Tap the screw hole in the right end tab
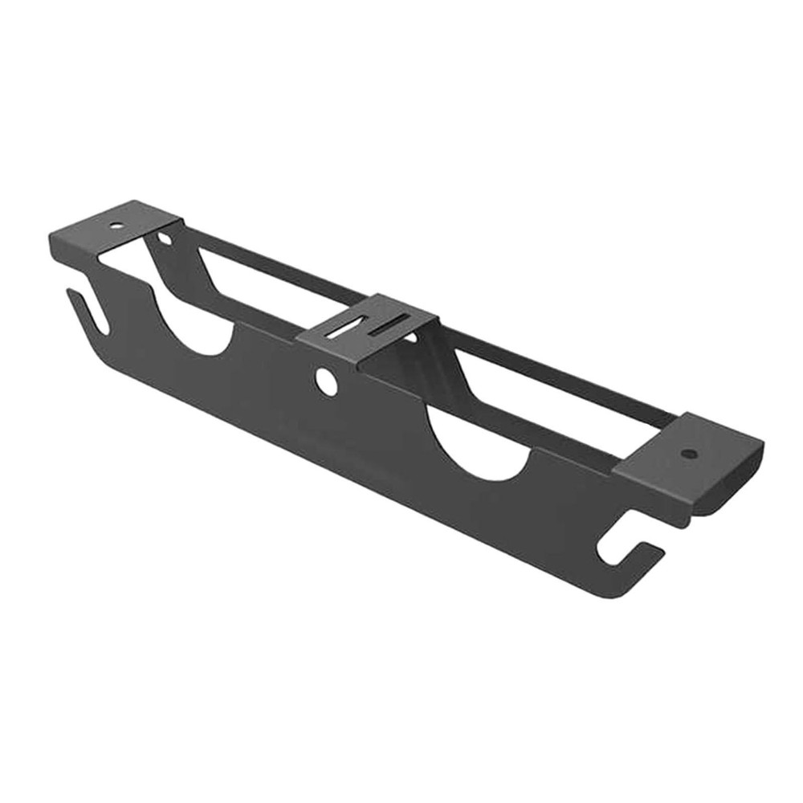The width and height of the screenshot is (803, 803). coord(687,454)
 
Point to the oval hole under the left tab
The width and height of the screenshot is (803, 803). coord(165,238)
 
